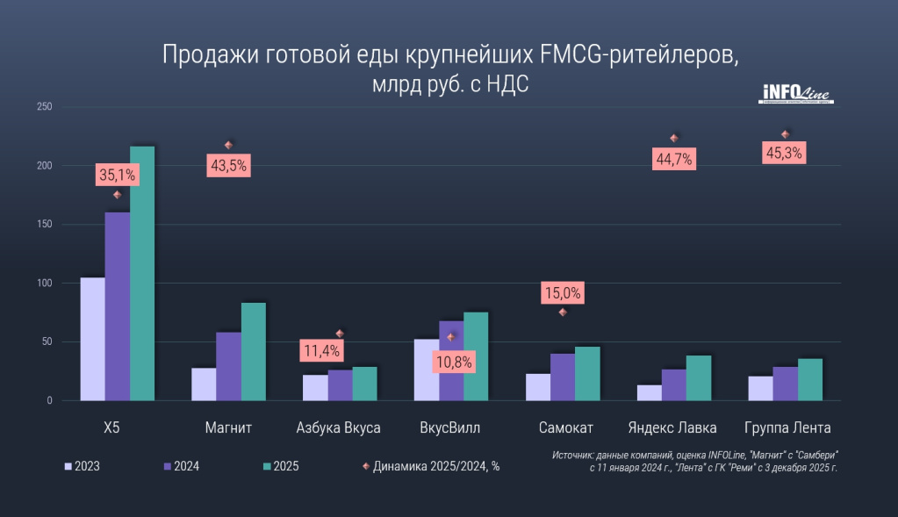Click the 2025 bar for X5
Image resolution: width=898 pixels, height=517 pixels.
click(142, 273)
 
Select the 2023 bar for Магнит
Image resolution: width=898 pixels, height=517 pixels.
click(204, 384)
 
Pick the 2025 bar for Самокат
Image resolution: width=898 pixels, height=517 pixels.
click(587, 374)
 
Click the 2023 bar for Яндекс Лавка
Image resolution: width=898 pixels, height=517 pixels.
click(650, 392)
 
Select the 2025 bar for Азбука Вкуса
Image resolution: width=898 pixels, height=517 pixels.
click(364, 384)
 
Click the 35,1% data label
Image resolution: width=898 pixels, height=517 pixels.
click(117, 175)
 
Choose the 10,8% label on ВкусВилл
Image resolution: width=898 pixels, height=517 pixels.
click(456, 361)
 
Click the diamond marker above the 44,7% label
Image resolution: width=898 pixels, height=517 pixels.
click(674, 139)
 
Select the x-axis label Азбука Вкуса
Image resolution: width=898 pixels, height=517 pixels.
click(339, 428)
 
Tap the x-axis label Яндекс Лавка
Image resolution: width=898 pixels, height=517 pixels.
click(673, 428)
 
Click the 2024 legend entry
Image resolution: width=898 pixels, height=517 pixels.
click(179, 466)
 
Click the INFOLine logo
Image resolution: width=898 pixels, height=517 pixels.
click(795, 94)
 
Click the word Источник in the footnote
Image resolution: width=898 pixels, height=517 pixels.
click(574, 456)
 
